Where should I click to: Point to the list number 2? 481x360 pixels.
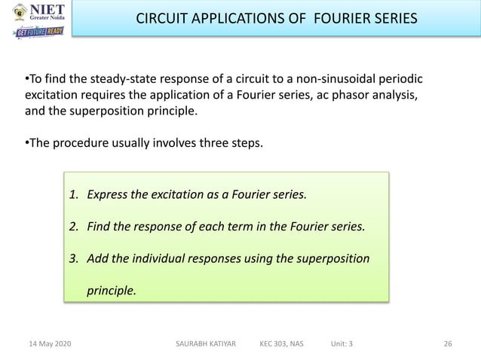click(73, 226)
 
